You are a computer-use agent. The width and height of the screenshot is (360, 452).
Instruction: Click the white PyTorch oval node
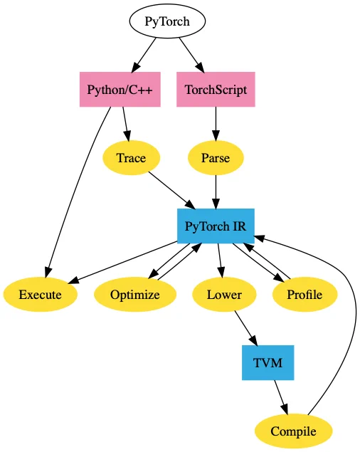(x=167, y=21)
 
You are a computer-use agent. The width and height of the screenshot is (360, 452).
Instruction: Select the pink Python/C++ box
(x=120, y=90)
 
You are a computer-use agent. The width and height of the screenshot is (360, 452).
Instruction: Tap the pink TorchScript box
(x=216, y=90)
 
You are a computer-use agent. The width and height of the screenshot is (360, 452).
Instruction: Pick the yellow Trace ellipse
(x=131, y=158)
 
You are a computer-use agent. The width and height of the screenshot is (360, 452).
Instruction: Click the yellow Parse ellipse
(x=216, y=158)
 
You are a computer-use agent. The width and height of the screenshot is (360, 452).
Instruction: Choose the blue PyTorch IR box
(x=216, y=226)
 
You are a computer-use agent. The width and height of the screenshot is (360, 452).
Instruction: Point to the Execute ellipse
(x=41, y=294)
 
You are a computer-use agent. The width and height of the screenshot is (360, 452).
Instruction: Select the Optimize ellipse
(x=135, y=294)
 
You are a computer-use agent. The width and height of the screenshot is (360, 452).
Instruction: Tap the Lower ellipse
(x=224, y=294)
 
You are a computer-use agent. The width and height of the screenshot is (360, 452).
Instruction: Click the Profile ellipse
(x=305, y=294)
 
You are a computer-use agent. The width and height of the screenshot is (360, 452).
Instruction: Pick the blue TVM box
(x=268, y=362)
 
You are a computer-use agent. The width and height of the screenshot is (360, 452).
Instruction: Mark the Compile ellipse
(x=293, y=431)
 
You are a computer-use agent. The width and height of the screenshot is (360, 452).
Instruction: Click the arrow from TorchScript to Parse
(x=216, y=124)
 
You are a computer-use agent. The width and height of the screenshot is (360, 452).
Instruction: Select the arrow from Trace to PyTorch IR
(x=172, y=191)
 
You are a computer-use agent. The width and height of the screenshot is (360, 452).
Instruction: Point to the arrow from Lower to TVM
(x=245, y=328)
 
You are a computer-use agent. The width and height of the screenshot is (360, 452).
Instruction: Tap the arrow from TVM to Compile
(x=281, y=397)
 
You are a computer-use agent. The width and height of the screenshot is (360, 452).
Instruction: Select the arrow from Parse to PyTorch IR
(x=216, y=191)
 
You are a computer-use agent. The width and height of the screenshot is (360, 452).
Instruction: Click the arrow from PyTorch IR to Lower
(x=220, y=261)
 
